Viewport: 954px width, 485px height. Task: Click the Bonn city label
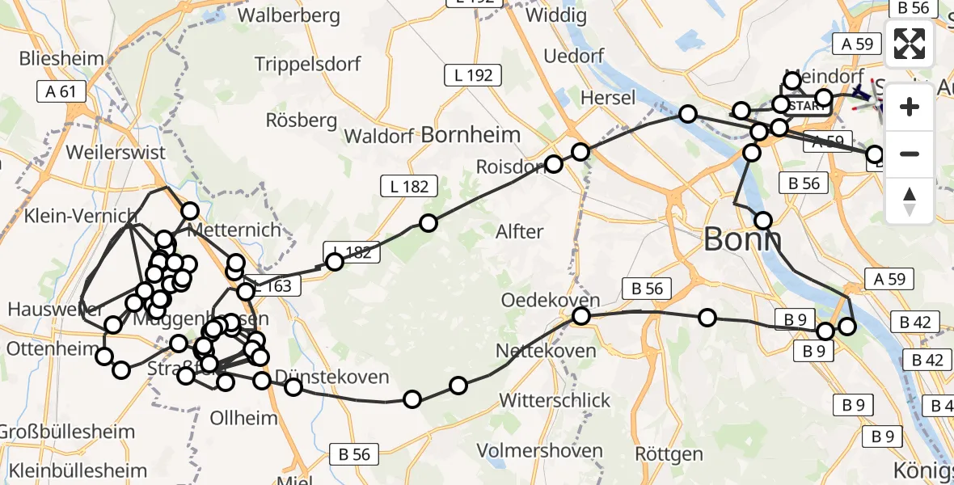(x=742, y=238)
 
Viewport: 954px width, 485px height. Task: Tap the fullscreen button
(x=910, y=44)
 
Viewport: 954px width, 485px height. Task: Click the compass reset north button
(x=910, y=202)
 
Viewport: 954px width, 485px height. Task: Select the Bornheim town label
(x=470, y=134)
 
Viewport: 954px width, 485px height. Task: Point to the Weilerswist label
(x=116, y=152)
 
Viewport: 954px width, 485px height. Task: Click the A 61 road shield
(x=61, y=91)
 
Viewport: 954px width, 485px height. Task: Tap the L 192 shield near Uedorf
(x=473, y=76)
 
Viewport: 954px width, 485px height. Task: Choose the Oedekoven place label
(x=551, y=300)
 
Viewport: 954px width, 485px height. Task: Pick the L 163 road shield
(x=272, y=285)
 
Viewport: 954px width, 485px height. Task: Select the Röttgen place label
(x=669, y=454)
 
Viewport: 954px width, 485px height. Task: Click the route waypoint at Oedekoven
(x=580, y=316)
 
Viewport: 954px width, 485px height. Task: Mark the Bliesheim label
(x=61, y=58)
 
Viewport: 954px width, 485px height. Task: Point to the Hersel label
(x=608, y=96)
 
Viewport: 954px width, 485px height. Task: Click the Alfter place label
(x=519, y=232)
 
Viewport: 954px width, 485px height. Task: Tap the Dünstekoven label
(x=331, y=377)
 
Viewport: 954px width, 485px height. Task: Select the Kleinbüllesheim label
(x=73, y=470)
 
